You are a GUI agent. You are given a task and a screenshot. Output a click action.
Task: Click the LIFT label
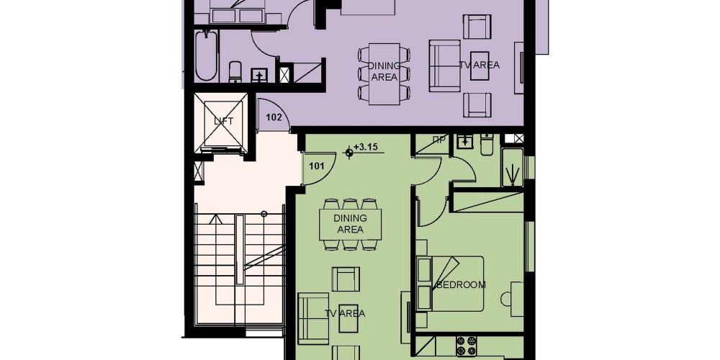point(224,122)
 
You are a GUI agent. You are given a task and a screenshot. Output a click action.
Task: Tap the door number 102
point(274,117)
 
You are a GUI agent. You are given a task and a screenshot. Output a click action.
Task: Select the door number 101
point(317,166)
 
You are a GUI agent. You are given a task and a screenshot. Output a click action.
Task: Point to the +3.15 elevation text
point(366,148)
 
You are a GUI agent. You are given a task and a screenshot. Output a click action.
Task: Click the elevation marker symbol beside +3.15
point(349,153)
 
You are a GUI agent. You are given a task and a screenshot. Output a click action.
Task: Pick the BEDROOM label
point(461,284)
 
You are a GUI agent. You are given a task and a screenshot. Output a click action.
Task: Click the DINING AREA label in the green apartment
point(351,224)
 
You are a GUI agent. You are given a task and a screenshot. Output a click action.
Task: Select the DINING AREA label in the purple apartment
point(384,71)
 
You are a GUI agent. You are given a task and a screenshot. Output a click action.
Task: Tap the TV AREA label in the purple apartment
point(480,66)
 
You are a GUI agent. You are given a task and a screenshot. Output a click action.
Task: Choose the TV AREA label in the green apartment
point(345,314)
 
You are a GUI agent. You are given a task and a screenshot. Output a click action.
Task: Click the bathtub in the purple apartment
point(206,55)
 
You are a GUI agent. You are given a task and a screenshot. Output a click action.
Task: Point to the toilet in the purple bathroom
point(235,71)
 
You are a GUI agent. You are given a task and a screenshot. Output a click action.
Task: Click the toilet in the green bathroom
point(487,144)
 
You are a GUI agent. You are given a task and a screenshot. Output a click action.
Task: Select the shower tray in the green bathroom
point(513,167)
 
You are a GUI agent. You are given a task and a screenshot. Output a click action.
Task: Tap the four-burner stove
point(466,346)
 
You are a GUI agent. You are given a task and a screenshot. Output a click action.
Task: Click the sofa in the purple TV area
point(444,66)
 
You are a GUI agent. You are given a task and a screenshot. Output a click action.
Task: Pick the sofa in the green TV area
point(314,318)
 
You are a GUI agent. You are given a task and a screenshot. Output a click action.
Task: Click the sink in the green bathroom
point(465,141)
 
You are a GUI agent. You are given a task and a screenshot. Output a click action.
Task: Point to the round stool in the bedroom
point(505,300)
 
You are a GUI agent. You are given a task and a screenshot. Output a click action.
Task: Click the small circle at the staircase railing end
point(264,214)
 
